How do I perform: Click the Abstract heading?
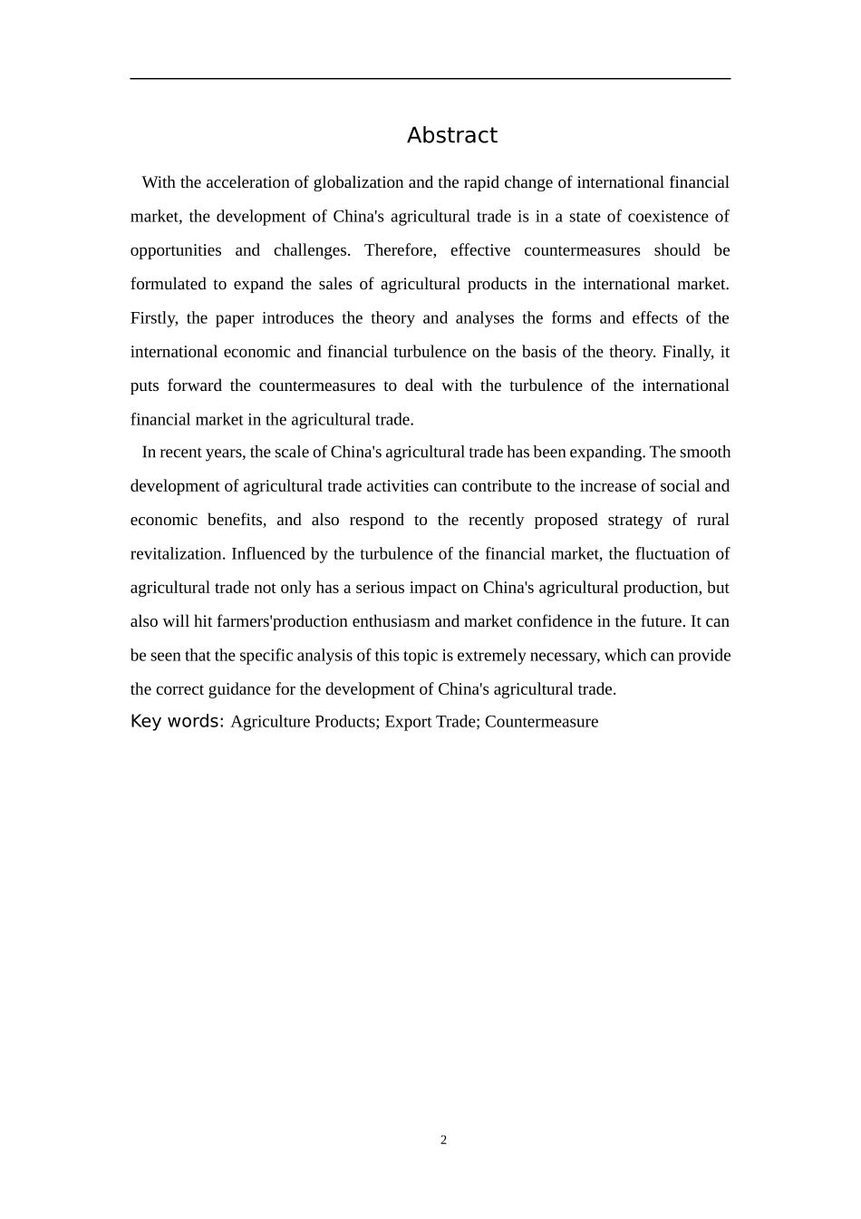coord(451,135)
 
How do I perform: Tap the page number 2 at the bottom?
coord(443,1140)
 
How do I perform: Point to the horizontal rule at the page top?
coord(430,79)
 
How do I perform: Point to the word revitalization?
coord(177,553)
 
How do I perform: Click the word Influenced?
coord(271,553)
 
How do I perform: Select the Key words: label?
coord(177,721)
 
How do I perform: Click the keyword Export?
coord(407,722)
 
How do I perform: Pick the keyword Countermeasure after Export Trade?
coord(541,722)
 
